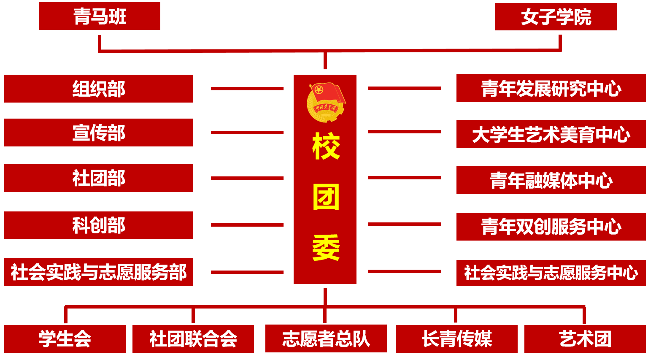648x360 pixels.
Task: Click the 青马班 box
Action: [100, 16]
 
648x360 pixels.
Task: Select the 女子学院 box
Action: [556, 17]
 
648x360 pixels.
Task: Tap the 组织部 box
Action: [99, 89]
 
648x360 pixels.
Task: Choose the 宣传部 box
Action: [99, 133]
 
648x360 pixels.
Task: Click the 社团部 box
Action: [99, 178]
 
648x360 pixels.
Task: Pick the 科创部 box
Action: [99, 225]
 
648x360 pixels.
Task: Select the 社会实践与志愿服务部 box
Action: [99, 272]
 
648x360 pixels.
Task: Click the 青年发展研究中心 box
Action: [551, 88]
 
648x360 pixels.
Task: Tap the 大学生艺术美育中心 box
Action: [551, 135]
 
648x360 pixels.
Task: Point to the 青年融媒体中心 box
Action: [551, 180]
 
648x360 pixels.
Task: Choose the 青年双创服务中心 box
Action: [551, 227]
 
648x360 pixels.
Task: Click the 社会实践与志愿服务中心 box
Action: [551, 273]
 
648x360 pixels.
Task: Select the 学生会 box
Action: [65, 338]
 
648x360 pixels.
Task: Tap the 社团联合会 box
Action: [193, 338]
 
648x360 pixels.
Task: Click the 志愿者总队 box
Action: [326, 338]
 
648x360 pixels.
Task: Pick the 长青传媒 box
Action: [456, 338]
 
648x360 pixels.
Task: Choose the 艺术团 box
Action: [585, 338]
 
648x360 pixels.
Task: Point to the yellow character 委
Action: [326, 248]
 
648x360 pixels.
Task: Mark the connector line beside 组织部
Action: [247, 89]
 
